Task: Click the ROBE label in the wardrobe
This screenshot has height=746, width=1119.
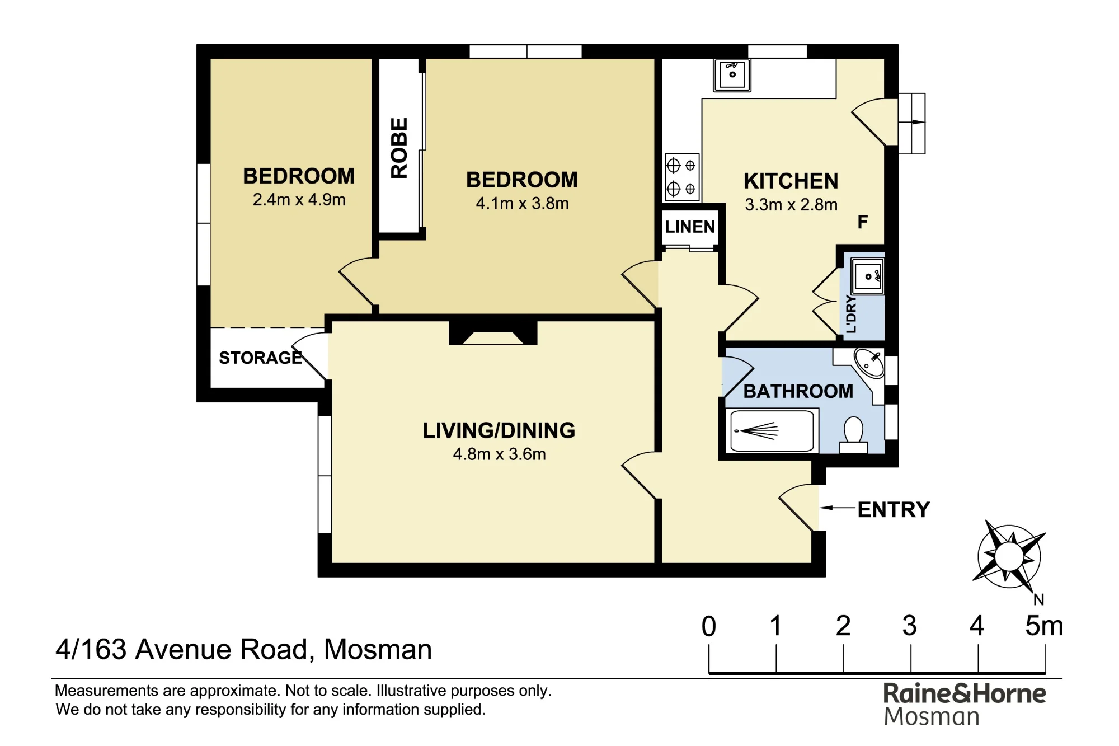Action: click(399, 148)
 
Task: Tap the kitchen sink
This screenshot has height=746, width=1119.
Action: click(732, 75)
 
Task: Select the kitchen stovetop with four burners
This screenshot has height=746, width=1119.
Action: click(682, 177)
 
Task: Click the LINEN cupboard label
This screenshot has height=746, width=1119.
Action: click(690, 227)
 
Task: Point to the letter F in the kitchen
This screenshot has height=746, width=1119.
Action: click(863, 222)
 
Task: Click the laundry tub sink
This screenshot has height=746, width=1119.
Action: click(868, 275)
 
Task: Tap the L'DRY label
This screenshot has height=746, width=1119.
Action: click(851, 315)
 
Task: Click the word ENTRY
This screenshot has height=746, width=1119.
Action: click(894, 510)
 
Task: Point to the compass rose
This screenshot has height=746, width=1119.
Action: click(1009, 557)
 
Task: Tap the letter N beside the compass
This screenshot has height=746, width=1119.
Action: click(1039, 600)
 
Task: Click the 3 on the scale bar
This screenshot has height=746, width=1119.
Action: click(910, 626)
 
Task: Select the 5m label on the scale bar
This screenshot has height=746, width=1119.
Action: click(1044, 626)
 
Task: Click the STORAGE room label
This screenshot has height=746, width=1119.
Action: click(260, 358)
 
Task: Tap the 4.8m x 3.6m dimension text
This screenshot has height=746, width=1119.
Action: click(499, 454)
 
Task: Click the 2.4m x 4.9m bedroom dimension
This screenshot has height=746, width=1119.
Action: click(299, 200)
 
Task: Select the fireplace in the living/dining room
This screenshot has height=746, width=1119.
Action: click(493, 333)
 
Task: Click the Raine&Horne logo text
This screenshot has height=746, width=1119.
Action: click(965, 694)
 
